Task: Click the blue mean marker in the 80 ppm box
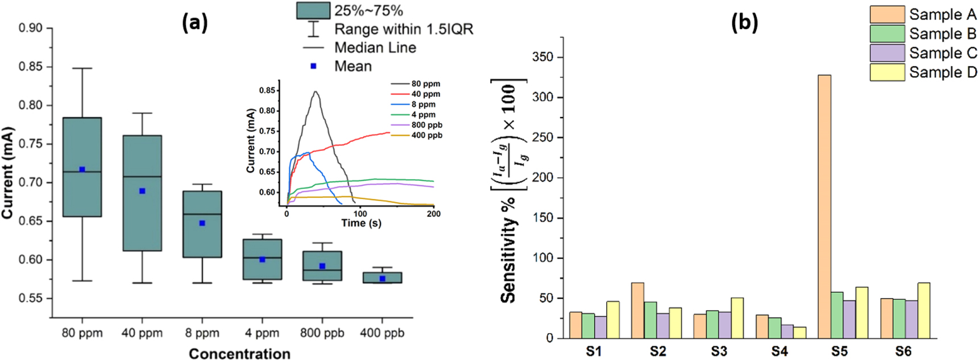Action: pos(82,169)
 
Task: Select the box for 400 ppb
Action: pos(382,278)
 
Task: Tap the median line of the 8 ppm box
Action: pos(202,214)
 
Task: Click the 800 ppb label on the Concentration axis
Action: pos(322,333)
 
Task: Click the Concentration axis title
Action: pos(239,354)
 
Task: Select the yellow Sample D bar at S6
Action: pos(923,311)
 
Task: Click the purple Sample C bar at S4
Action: pos(788,332)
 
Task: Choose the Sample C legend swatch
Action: pos(887,53)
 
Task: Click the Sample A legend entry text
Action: pos(942,14)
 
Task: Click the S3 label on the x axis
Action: pos(719,351)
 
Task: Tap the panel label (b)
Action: pos(744,23)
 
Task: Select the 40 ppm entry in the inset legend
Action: pos(425,94)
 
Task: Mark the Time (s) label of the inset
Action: pos(361,223)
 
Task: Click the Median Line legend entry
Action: pos(375,48)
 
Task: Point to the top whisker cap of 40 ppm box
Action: pos(142,113)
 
